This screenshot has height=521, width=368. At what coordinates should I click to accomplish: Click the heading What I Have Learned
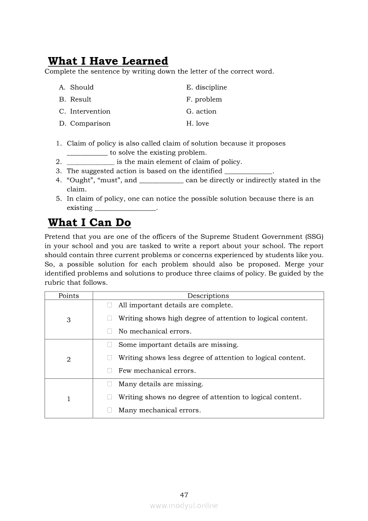tap(108, 61)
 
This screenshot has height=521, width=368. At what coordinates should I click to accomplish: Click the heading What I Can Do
tap(89, 222)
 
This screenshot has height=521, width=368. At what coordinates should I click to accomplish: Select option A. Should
tap(76, 87)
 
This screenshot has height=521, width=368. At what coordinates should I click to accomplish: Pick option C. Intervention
tap(85, 111)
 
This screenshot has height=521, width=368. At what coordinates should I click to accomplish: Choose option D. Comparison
tap(85, 123)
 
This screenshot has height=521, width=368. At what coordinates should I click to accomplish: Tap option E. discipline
tap(206, 87)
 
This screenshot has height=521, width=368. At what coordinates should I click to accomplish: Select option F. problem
tap(204, 99)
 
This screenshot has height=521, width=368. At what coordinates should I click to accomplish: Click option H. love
tap(197, 123)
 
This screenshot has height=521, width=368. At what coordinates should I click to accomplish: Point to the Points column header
tap(69, 296)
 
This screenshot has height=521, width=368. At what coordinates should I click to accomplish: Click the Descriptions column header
tap(208, 296)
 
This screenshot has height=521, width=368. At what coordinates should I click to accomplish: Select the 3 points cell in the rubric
tap(69, 320)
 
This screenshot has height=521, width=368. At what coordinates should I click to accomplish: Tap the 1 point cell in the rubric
tap(69, 399)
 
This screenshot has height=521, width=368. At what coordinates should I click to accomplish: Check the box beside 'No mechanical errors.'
tap(109, 331)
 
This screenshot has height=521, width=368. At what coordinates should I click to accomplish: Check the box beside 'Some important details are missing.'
tap(109, 345)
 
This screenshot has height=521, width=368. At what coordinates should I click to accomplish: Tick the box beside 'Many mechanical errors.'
tap(109, 410)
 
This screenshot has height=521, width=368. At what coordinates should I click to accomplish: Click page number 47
tap(184, 495)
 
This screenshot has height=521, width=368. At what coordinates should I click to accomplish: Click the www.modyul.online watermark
tap(184, 506)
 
